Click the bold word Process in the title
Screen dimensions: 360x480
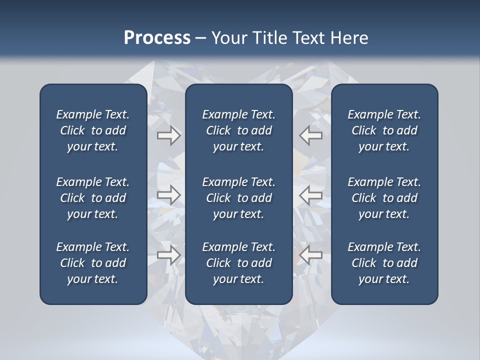point(157,38)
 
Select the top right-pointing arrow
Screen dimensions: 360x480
point(168,135)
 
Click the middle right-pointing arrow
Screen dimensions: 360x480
point(168,195)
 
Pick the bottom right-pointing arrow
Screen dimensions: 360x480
point(168,255)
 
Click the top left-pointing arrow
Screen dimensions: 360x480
point(310,135)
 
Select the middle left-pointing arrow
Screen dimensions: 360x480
point(310,195)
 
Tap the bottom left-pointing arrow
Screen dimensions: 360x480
point(310,255)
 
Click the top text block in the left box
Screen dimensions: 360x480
point(93,130)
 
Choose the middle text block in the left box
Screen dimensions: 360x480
point(93,198)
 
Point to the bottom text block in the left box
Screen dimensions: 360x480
point(93,263)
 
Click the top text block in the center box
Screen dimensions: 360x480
point(238,130)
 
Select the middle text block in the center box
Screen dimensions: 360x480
point(238,198)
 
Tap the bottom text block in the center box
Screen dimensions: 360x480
point(238,263)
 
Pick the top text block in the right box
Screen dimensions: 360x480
point(384,130)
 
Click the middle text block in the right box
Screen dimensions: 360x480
point(384,198)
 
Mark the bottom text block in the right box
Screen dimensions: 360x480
point(384,263)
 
